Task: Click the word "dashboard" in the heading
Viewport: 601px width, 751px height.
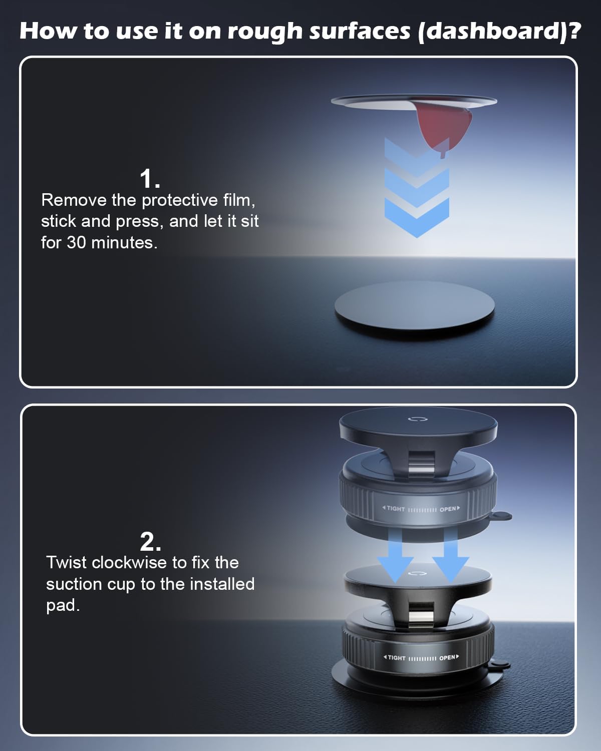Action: [x=494, y=32]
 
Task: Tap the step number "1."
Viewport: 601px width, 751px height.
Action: [x=150, y=179]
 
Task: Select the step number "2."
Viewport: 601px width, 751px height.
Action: [x=151, y=541]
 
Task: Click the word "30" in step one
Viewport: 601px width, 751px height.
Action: [x=76, y=242]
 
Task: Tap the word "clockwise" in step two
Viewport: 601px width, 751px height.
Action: [x=129, y=563]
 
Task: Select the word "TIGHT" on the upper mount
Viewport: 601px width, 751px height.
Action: [x=396, y=509]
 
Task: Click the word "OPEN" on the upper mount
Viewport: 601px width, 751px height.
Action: [x=448, y=510]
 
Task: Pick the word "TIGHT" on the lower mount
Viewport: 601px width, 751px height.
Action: [x=396, y=658]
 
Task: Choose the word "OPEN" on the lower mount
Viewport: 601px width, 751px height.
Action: [x=447, y=658]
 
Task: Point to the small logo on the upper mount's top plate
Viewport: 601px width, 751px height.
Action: [x=418, y=419]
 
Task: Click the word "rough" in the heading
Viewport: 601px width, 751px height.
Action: [x=264, y=32]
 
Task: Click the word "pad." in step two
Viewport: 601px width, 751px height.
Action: [x=63, y=606]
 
